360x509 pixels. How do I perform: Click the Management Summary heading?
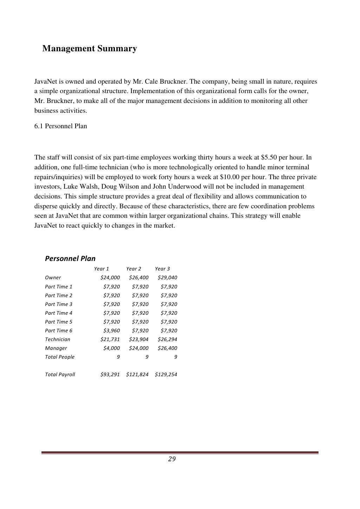point(89,48)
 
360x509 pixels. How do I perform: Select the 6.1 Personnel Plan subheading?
point(60,126)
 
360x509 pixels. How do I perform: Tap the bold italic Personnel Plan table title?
point(70,259)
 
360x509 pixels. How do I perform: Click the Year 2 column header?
point(134,269)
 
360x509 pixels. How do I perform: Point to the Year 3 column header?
point(162,269)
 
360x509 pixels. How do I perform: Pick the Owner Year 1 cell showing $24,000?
point(110,278)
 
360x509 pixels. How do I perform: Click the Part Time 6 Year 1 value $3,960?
point(111,331)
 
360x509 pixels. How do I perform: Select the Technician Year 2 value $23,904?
point(139,339)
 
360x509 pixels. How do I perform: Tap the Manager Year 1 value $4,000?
point(111,348)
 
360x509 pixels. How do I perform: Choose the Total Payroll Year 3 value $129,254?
point(166,374)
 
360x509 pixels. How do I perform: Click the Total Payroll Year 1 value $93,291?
point(110,374)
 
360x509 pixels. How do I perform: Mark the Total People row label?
point(60,357)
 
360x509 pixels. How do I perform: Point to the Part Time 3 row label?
point(59,304)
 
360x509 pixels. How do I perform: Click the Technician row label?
point(58,339)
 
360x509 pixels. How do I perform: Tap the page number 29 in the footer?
point(172,459)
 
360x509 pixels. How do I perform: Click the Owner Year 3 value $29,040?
point(167,278)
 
